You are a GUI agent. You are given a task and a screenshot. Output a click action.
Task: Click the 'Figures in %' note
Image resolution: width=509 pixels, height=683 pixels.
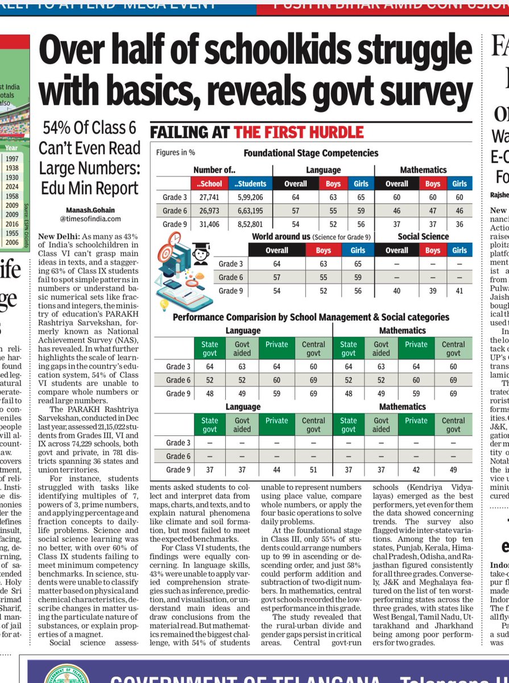(176, 153)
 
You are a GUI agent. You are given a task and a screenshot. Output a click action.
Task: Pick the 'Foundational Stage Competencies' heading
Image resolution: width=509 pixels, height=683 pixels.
(311, 153)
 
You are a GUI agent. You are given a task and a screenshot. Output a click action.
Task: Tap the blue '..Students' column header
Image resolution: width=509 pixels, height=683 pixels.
(250, 183)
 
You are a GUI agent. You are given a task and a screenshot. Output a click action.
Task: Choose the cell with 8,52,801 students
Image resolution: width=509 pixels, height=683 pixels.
(250, 224)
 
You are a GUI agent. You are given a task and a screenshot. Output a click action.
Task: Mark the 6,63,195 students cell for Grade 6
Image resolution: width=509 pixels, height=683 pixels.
(250, 211)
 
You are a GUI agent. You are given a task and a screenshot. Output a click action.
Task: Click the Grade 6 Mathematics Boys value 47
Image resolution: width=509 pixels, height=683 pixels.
(432, 211)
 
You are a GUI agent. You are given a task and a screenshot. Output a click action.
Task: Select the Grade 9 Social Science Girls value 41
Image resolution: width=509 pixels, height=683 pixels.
(460, 291)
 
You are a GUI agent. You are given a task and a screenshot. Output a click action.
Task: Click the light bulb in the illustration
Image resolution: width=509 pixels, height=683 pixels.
(165, 304)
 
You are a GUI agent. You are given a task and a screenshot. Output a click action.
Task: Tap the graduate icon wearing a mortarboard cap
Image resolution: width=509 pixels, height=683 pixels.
(200, 254)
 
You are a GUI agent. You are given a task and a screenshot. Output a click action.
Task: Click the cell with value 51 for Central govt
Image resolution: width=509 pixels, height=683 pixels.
(313, 470)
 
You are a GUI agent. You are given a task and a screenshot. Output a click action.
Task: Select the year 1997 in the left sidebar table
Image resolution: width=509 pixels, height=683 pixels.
(12, 159)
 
